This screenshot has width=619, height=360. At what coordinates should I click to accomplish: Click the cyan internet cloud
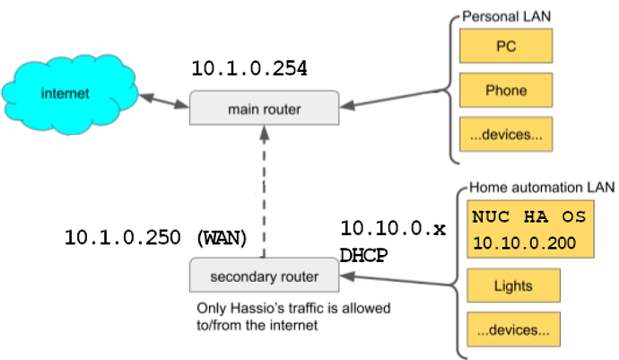(x=70, y=94)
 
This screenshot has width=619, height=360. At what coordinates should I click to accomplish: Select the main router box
(x=264, y=108)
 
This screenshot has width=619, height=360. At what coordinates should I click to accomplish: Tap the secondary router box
(x=264, y=276)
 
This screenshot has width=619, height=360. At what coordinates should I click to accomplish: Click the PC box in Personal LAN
(x=506, y=46)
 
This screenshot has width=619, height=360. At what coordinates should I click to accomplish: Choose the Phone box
(x=506, y=90)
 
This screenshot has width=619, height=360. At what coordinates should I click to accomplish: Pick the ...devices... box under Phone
(x=506, y=135)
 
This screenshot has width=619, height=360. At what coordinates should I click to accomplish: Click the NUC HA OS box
(x=530, y=229)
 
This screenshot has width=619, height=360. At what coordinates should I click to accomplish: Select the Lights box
(x=513, y=285)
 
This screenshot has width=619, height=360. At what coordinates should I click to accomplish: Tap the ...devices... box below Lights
(x=513, y=329)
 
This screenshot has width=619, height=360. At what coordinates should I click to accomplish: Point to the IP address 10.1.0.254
(x=249, y=68)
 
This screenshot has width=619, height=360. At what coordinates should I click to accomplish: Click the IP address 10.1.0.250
(x=122, y=238)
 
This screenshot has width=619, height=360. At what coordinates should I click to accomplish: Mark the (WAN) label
(x=222, y=238)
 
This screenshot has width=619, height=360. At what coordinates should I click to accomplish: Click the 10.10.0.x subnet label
(x=393, y=228)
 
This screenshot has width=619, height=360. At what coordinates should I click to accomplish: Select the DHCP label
(x=363, y=255)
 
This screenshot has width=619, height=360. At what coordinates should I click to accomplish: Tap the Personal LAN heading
(x=507, y=16)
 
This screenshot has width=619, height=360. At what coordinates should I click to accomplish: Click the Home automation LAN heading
(x=542, y=188)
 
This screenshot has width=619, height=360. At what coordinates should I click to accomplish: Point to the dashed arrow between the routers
(x=264, y=191)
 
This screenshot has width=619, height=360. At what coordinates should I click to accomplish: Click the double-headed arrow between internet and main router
(x=164, y=101)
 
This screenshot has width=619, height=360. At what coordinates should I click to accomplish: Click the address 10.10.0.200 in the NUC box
(x=524, y=243)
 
